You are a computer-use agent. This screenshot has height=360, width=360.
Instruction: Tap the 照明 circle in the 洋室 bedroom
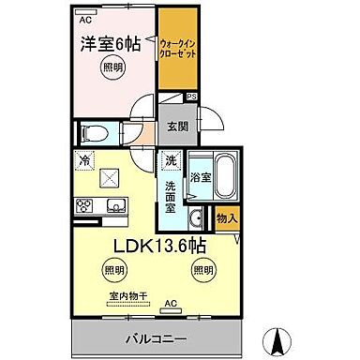[x=112, y=67]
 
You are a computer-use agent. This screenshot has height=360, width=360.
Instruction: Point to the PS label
[x=191, y=95]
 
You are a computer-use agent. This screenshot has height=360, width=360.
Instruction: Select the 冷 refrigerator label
[x=86, y=158]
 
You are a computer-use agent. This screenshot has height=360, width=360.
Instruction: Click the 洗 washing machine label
[x=170, y=159]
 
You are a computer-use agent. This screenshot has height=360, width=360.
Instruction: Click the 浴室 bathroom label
[x=201, y=175]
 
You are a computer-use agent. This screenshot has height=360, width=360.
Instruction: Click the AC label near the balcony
[x=171, y=304]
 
